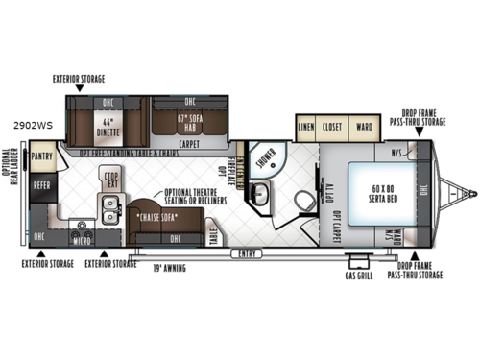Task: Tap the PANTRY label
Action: pyautogui.click(x=42, y=156)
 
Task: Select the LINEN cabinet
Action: pyautogui.click(x=306, y=126)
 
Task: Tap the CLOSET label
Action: pyautogui.click(x=334, y=126)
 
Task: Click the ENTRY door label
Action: pyautogui.click(x=247, y=253)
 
